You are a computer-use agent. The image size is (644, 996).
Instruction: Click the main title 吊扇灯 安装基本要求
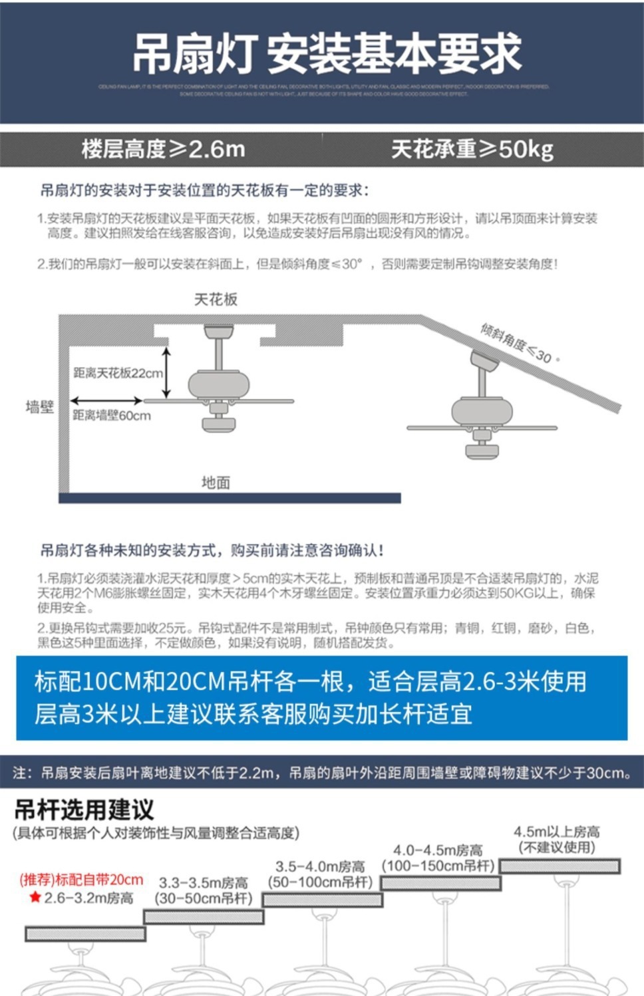coord(326,53)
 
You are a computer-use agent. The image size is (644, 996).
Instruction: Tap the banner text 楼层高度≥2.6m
coord(164,149)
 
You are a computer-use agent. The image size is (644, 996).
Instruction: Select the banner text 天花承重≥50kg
coord(472,149)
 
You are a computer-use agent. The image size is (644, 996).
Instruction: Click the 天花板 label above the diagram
coord(216,299)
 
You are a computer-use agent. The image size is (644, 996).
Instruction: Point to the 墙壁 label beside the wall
coord(39,407)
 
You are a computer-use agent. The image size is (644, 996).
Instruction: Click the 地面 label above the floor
coord(216,483)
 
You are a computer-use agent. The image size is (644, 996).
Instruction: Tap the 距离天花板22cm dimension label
coord(118,373)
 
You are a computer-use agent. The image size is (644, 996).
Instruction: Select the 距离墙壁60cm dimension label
coord(112,416)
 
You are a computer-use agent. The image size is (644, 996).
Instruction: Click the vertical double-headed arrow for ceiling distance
coord(167,372)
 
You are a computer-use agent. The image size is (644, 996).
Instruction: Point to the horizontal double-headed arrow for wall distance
coord(106,400)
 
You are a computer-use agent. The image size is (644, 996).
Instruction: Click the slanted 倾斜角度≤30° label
coord(520,342)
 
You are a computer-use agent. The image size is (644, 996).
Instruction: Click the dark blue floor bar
coord(230,498)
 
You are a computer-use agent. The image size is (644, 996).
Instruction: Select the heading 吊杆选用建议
coord(84,809)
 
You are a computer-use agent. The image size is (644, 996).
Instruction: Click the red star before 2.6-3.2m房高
coord(35,898)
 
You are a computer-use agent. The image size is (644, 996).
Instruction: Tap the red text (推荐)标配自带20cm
coord(81,880)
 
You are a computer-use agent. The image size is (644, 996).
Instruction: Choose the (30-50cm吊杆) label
coord(204,898)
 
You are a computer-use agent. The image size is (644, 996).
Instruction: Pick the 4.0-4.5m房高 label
coord(438,850)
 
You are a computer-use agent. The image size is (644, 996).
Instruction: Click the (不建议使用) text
coord(557,847)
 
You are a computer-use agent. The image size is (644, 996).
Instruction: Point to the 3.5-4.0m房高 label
coord(320,866)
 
